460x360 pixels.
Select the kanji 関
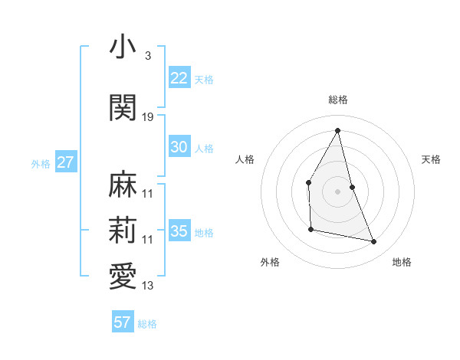123,107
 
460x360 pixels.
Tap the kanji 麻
123,185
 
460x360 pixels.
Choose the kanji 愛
123,277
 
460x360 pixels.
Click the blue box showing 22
179,78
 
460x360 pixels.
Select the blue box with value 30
179,147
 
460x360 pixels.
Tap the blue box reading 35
179,231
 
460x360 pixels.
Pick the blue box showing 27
65,162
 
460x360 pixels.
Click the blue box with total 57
122,322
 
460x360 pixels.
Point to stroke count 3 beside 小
147,57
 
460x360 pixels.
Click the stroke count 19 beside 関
148,117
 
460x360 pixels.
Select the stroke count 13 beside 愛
148,286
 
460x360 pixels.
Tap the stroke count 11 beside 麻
148,195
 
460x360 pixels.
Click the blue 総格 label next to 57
147,324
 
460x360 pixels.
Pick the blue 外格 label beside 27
41,164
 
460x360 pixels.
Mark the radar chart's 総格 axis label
337,100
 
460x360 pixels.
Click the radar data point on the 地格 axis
374,242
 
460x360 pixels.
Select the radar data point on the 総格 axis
337,130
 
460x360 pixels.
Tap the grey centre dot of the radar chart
337,191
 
